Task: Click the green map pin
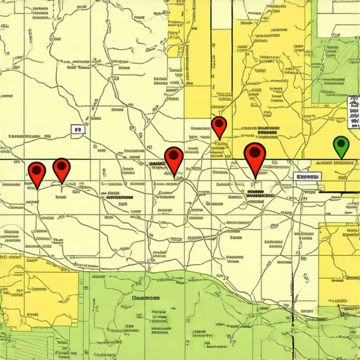pos(341,146)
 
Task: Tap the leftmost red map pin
pos(37,172)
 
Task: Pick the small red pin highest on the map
pos(219,127)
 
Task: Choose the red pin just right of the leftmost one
pos(63,169)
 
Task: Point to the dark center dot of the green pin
pos(341,144)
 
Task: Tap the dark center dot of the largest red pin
pos(255,152)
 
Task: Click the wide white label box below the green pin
pos(307,176)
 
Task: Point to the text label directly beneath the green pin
pos(335,163)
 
